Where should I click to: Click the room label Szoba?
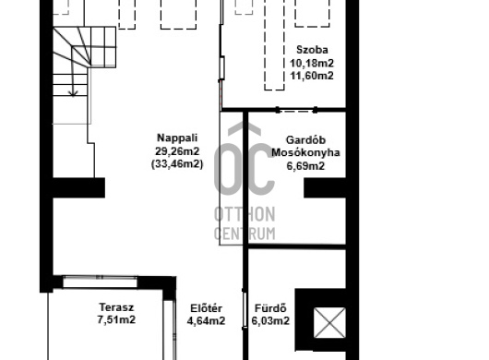pos(312,50)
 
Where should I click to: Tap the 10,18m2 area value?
pos(312,63)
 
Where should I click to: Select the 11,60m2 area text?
pos(312,76)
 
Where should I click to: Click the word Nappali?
pos(177,138)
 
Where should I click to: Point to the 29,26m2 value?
pos(177,151)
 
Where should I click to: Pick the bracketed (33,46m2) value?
pos(177,164)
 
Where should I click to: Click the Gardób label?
pos(305,139)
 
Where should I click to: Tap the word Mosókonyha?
pos(305,152)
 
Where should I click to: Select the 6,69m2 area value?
pos(305,166)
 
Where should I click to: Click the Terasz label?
pos(116,307)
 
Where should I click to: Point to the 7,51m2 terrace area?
pos(116,320)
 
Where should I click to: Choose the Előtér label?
pos(206,308)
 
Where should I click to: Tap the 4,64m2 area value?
pos(206,321)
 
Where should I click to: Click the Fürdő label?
pos(270,308)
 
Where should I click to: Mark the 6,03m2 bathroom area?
pos(270,321)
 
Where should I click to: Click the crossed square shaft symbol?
pos(329,322)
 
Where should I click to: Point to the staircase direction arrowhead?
pos(73,93)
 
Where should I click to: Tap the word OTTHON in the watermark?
pos(244,214)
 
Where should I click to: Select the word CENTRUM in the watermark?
pos(244,234)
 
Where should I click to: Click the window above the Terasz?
pos(100,282)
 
